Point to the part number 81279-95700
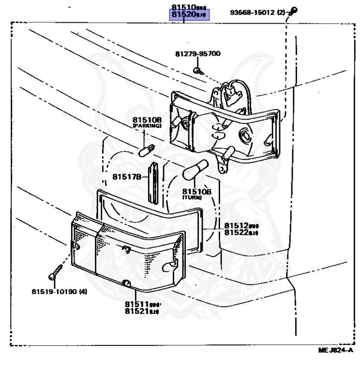pyautogui.click(x=197, y=54)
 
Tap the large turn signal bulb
pyautogui.click(x=195, y=170)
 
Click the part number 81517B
pyautogui.click(x=127, y=177)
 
